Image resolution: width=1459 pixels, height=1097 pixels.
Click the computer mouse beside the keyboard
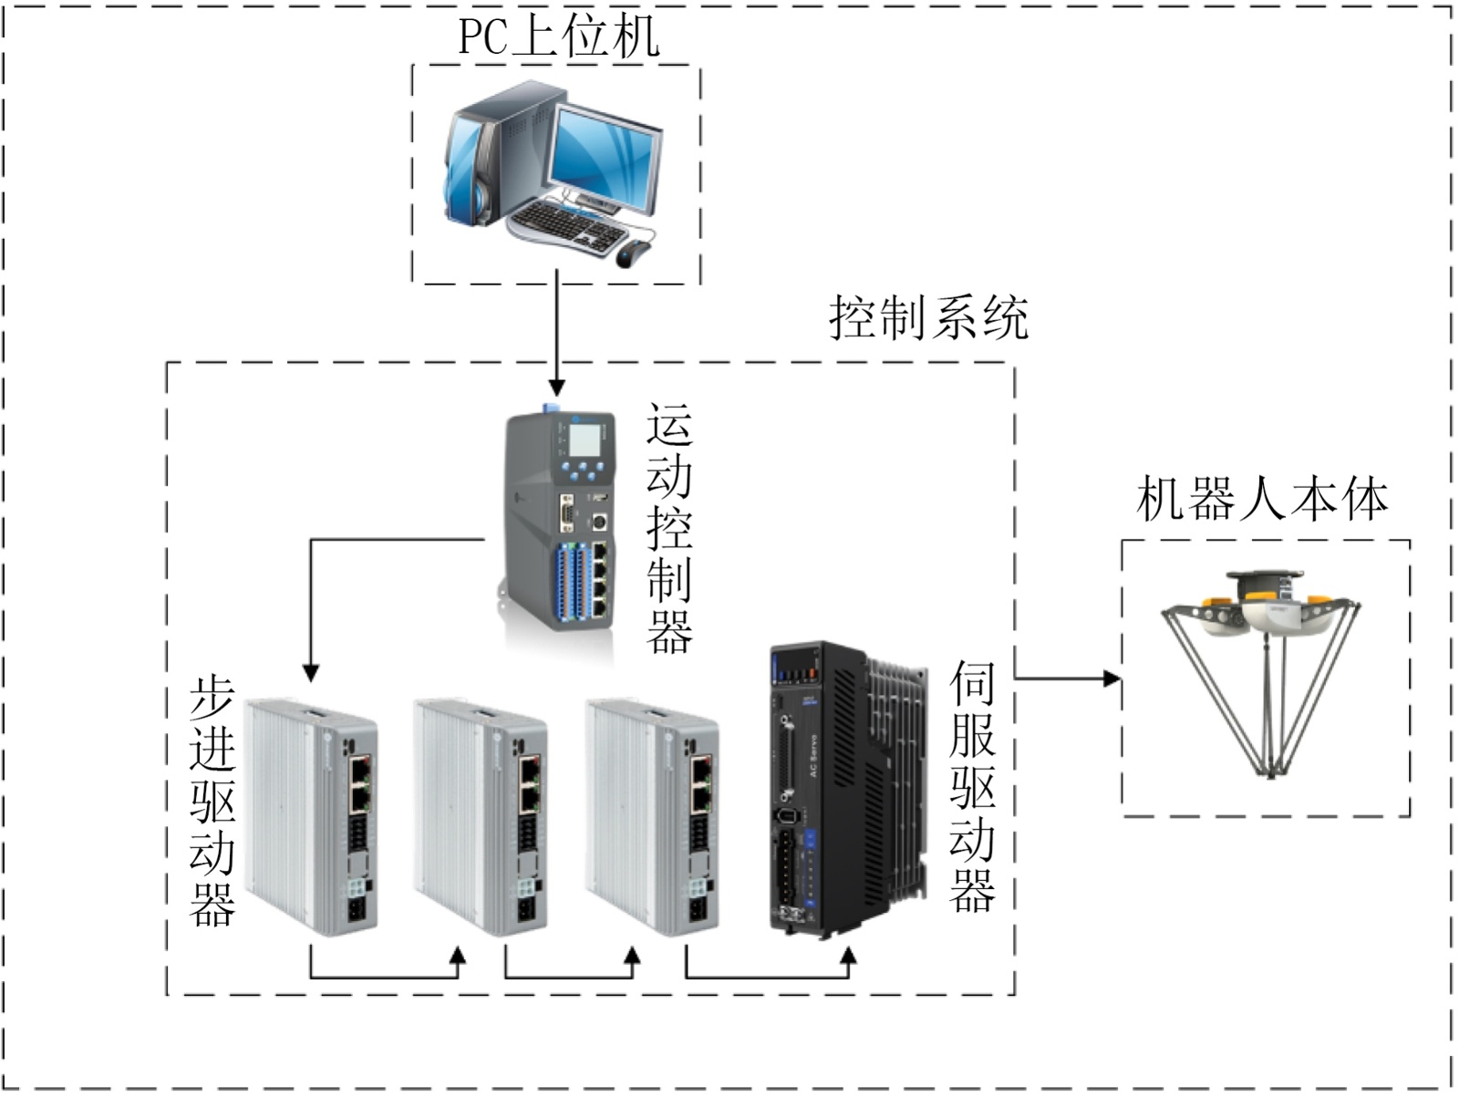[634, 253]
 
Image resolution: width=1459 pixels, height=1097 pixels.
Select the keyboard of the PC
[565, 224]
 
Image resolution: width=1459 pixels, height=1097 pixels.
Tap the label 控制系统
[928, 318]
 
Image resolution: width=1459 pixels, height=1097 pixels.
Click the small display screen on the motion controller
[585, 442]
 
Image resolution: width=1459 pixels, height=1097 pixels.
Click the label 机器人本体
[1262, 500]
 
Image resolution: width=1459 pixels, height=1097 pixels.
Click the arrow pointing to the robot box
[1067, 678]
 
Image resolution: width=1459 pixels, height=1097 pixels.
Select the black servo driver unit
[843, 789]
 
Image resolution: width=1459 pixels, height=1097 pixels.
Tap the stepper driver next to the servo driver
[653, 816]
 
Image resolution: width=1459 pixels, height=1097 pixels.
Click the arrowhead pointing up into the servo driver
[849, 957]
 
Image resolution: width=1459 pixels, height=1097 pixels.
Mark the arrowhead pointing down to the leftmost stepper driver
[311, 672]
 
